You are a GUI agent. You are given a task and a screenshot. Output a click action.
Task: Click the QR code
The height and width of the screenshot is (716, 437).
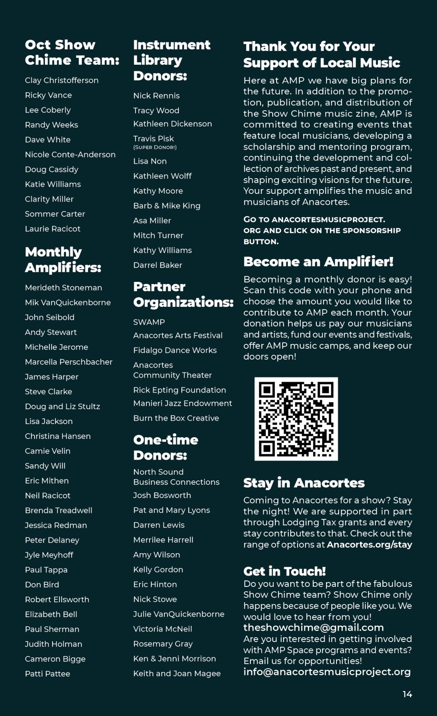[x=296, y=419]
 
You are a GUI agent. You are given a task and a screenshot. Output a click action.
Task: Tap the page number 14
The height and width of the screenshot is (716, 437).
[x=407, y=694]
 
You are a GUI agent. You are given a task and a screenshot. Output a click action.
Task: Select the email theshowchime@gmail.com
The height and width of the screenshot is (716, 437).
[x=313, y=628]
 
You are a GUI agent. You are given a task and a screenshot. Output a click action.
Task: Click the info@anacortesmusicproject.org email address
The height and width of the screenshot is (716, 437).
[x=327, y=672]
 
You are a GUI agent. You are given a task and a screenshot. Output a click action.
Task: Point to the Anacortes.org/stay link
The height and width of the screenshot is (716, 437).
[x=369, y=544]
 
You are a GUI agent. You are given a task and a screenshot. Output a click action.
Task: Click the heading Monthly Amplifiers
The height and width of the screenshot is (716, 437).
[x=63, y=260]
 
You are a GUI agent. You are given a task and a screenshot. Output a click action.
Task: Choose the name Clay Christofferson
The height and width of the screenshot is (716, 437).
[x=62, y=80]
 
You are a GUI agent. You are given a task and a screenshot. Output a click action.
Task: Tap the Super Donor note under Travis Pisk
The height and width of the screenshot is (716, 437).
[x=155, y=147]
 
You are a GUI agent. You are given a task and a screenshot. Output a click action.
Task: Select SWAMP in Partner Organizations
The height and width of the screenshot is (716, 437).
[x=149, y=322]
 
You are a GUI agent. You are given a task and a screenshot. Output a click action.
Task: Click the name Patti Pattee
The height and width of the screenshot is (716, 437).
[x=47, y=674]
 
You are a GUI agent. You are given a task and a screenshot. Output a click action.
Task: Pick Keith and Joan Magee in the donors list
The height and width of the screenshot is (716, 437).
[x=177, y=674]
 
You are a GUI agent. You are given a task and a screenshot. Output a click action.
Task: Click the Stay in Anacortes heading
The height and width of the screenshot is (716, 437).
[x=304, y=483]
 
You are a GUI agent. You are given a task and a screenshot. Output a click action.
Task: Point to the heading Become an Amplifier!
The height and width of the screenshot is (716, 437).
[x=318, y=262]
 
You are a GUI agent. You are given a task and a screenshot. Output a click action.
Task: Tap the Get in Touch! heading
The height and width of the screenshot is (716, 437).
[x=284, y=571]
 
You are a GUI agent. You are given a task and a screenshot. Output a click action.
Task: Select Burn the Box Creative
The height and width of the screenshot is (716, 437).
[x=176, y=418]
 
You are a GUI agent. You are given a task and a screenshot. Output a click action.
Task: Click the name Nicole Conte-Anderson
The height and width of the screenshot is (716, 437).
[x=70, y=154]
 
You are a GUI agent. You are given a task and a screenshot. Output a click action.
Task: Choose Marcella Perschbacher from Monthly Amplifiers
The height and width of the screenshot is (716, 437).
[x=69, y=362]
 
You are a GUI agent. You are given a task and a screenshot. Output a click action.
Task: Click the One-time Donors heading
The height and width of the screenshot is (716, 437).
[x=166, y=447]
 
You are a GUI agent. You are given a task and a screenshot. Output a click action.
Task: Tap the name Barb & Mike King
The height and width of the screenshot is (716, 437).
[x=166, y=206]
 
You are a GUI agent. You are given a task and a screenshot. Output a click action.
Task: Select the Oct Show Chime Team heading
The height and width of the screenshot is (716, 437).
[x=72, y=53]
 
